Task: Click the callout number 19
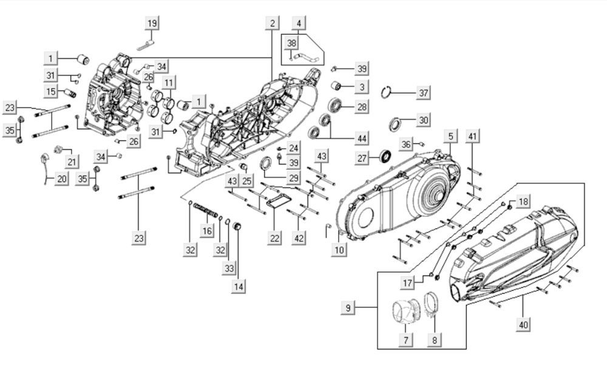[x=152, y=23]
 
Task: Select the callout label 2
[x=273, y=23]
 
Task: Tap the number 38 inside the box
[x=291, y=43]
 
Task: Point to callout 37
[x=424, y=93]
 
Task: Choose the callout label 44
[x=362, y=138]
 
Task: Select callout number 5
[x=450, y=136]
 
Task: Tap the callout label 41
[x=472, y=136]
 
